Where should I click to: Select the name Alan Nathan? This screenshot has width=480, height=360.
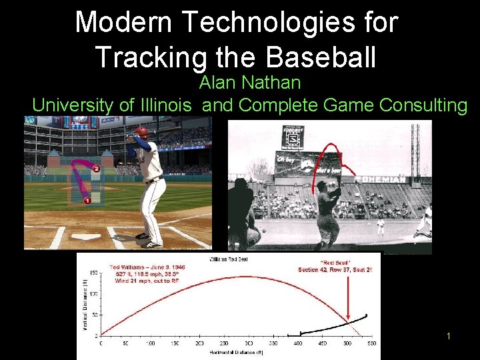(250, 83)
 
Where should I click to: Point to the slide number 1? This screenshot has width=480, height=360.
(449, 336)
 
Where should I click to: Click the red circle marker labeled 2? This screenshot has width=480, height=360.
(97, 169)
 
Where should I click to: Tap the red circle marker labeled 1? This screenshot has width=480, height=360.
(87, 200)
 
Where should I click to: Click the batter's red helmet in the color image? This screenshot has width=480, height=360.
(141, 131)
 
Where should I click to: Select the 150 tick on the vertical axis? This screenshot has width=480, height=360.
(94, 272)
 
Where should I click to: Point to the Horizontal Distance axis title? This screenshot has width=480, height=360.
(230, 351)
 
